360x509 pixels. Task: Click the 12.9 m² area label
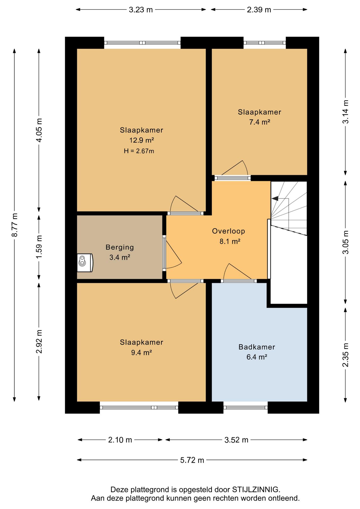click(142, 140)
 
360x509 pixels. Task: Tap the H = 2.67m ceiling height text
click(139, 151)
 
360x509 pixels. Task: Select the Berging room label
click(120, 247)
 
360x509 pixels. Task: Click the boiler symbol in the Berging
click(85, 263)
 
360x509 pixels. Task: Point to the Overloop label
click(229, 231)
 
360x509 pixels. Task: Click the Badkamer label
click(257, 347)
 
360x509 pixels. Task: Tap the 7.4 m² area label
click(260, 122)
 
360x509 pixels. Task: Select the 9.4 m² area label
click(142, 353)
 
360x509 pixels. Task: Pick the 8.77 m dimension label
click(15, 225)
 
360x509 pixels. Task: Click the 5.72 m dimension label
click(192, 460)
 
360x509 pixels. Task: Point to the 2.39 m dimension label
click(259, 10)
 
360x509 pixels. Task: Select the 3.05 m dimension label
click(346, 242)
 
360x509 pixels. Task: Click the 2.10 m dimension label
click(120, 440)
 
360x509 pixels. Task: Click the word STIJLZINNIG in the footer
click(256, 489)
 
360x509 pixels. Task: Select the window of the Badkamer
click(245, 407)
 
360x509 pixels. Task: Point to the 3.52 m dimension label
click(236, 440)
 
